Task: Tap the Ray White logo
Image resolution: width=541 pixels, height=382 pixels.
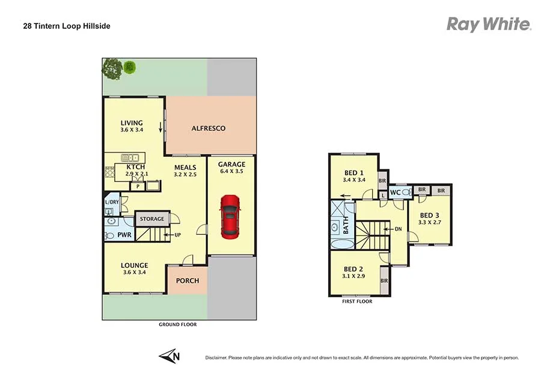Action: (x=488, y=24)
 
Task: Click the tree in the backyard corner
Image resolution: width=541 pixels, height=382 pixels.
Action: (x=112, y=68)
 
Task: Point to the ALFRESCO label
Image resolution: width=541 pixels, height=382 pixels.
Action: (x=208, y=129)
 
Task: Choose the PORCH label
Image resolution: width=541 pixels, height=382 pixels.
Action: (x=187, y=280)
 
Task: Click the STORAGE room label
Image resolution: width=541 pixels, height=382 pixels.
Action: (x=152, y=219)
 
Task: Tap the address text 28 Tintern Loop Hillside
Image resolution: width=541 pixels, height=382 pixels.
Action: (x=63, y=26)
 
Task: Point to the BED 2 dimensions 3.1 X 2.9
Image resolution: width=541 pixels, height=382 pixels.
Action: (x=353, y=277)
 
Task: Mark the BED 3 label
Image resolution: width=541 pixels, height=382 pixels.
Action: (x=429, y=216)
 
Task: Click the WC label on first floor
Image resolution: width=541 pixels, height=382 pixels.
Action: (x=395, y=193)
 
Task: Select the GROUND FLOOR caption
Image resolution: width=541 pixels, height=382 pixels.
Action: (x=177, y=324)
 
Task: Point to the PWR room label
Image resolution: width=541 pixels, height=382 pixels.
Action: (x=124, y=234)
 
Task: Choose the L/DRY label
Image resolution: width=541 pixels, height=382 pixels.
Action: (x=112, y=202)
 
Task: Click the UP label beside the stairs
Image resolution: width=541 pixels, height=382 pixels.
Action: (x=177, y=234)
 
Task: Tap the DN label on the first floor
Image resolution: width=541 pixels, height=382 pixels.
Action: (x=398, y=229)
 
